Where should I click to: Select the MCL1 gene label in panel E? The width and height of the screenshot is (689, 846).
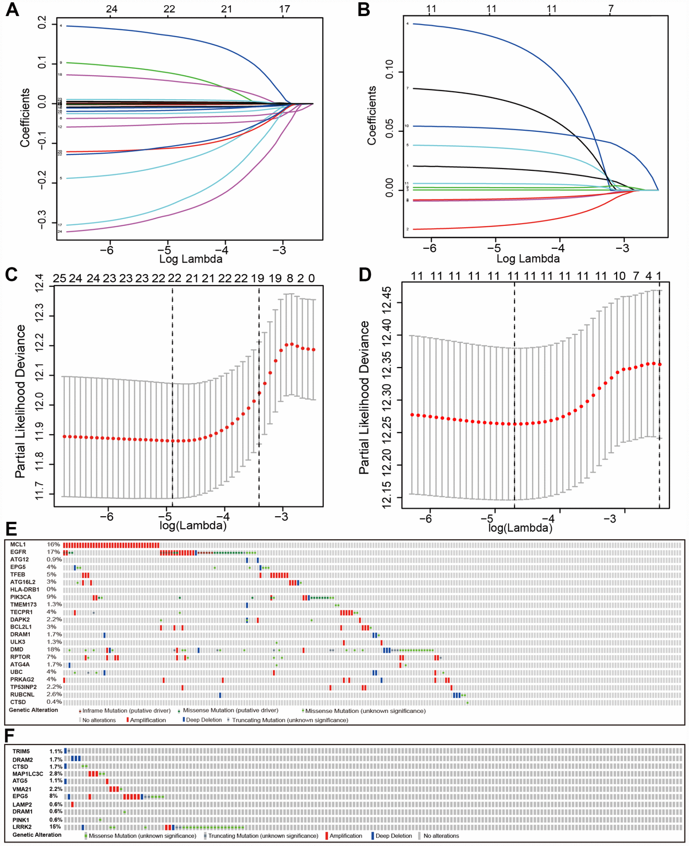pyautogui.click(x=18, y=544)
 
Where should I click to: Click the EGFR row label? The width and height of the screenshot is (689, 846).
pyautogui.click(x=19, y=552)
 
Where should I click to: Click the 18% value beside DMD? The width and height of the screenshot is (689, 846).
pyautogui.click(x=52, y=649)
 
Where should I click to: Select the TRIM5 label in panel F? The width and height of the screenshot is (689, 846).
pyautogui.click(x=21, y=751)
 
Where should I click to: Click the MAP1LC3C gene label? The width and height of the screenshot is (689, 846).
pyautogui.click(x=27, y=774)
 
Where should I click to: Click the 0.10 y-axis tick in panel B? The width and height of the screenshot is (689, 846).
pyautogui.click(x=388, y=72)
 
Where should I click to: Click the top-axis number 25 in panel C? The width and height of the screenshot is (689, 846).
pyautogui.click(x=59, y=279)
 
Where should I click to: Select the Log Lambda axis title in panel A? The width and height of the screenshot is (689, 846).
pyautogui.click(x=191, y=259)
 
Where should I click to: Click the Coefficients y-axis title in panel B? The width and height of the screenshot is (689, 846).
pyautogui.click(x=372, y=115)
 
